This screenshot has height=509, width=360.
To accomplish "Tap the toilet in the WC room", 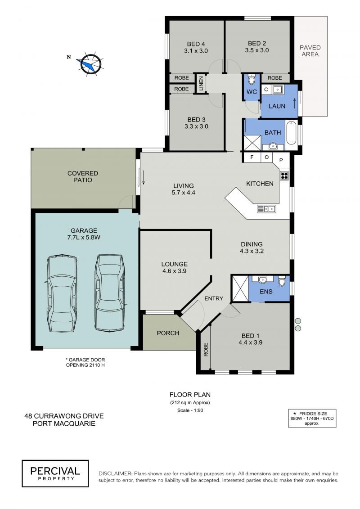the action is point(252,79).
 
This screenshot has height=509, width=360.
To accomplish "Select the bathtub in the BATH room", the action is point(291,132).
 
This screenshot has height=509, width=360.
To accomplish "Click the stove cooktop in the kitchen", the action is point(284,176).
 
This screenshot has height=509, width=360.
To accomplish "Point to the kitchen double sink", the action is point(266,209).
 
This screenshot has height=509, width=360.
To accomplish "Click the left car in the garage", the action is point(62,293).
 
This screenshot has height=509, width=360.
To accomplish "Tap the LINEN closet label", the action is point(201,83).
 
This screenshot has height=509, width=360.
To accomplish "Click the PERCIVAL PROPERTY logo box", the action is point(55,473).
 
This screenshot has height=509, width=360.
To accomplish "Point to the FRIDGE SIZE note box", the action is point(312,418).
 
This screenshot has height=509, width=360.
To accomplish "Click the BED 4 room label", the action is point(196,47).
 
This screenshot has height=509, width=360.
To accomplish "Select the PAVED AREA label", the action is point(310,51).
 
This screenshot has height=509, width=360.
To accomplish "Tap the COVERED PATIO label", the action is point(82,176).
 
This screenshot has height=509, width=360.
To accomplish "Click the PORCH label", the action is point(168,333).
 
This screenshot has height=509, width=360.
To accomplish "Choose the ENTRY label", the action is point(214,298).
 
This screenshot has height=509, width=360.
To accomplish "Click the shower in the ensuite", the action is point(240,288).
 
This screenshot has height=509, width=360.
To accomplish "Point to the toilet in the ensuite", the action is point(281,281).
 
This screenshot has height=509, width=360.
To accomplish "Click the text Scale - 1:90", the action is point(190,410).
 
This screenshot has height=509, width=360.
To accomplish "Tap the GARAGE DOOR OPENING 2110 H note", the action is point(85,362).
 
